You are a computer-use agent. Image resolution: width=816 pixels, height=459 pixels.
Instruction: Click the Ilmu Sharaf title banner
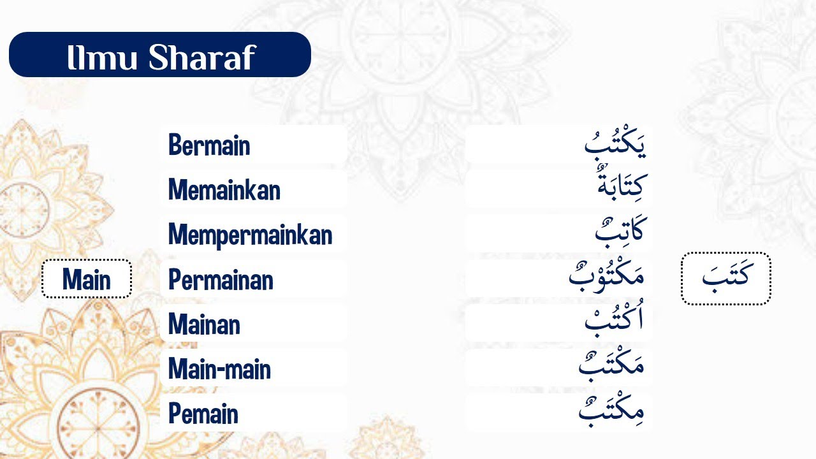click(159, 55)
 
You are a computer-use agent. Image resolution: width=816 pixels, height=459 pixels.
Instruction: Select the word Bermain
click(209, 146)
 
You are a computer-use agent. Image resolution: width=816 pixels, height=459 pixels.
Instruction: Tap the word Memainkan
click(224, 190)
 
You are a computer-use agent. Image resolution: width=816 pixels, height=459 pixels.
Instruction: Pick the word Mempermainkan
click(250, 235)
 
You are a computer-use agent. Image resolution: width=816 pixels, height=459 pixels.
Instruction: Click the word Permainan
click(221, 280)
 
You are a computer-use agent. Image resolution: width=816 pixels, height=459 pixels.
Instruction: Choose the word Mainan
click(204, 324)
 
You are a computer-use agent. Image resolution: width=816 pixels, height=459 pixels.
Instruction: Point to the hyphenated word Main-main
click(219, 369)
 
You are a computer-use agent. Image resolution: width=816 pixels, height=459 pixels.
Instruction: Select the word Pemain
click(203, 414)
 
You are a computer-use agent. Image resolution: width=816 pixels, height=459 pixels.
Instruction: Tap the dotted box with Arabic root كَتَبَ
click(725, 279)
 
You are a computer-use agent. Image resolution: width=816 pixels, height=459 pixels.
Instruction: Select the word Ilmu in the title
click(103, 57)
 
